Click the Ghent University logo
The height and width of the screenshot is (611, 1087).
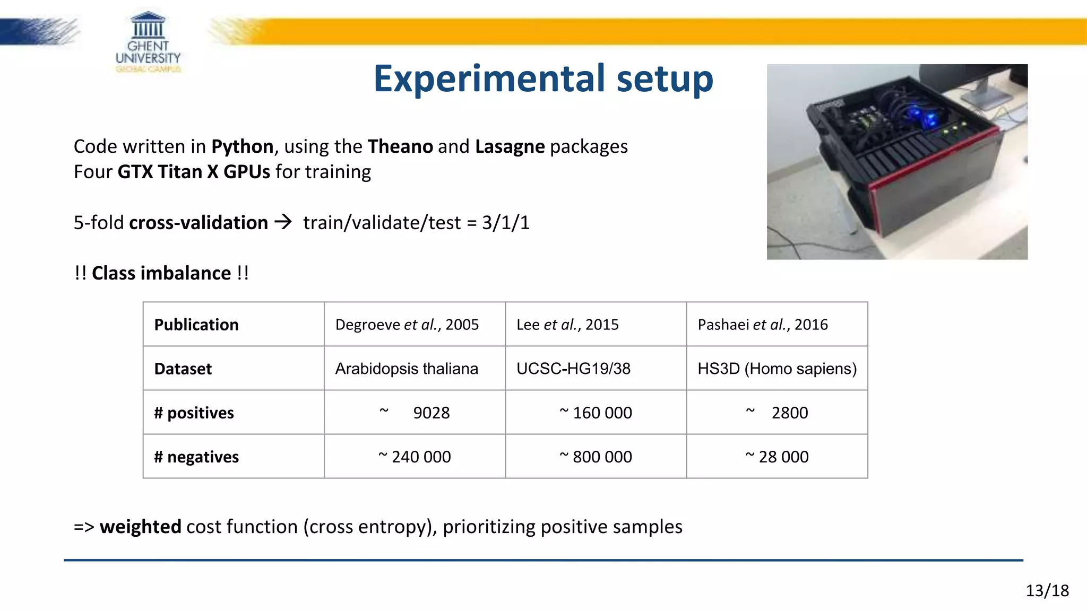pyautogui.click(x=148, y=42)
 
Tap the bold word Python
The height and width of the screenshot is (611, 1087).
pyautogui.click(x=242, y=146)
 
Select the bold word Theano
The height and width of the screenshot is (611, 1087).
pyautogui.click(x=400, y=146)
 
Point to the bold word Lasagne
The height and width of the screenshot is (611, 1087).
pyautogui.click(x=510, y=146)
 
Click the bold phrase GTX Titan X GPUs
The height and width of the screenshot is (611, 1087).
pyautogui.click(x=194, y=172)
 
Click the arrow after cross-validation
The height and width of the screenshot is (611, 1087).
pyautogui.click(x=283, y=222)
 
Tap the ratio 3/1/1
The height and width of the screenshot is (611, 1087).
pyautogui.click(x=505, y=223)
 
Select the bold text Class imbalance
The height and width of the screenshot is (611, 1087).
pyautogui.click(x=161, y=273)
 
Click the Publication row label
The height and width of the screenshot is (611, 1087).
pyautogui.click(x=196, y=325)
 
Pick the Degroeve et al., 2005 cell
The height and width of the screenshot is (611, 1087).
pyautogui.click(x=407, y=325)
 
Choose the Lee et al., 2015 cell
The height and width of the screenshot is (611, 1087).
pyautogui.click(x=567, y=325)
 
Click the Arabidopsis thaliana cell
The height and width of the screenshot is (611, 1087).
pyautogui.click(x=407, y=369)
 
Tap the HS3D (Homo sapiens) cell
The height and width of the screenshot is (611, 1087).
pyautogui.click(x=777, y=369)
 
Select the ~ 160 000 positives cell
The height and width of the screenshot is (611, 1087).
pyautogui.click(x=596, y=413)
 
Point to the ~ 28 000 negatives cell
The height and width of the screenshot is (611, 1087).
pyautogui.click(x=777, y=457)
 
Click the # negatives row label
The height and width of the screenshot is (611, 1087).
pyautogui.click(x=196, y=457)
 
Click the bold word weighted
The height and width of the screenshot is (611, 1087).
pyautogui.click(x=141, y=527)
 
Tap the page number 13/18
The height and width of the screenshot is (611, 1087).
pyautogui.click(x=1047, y=590)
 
